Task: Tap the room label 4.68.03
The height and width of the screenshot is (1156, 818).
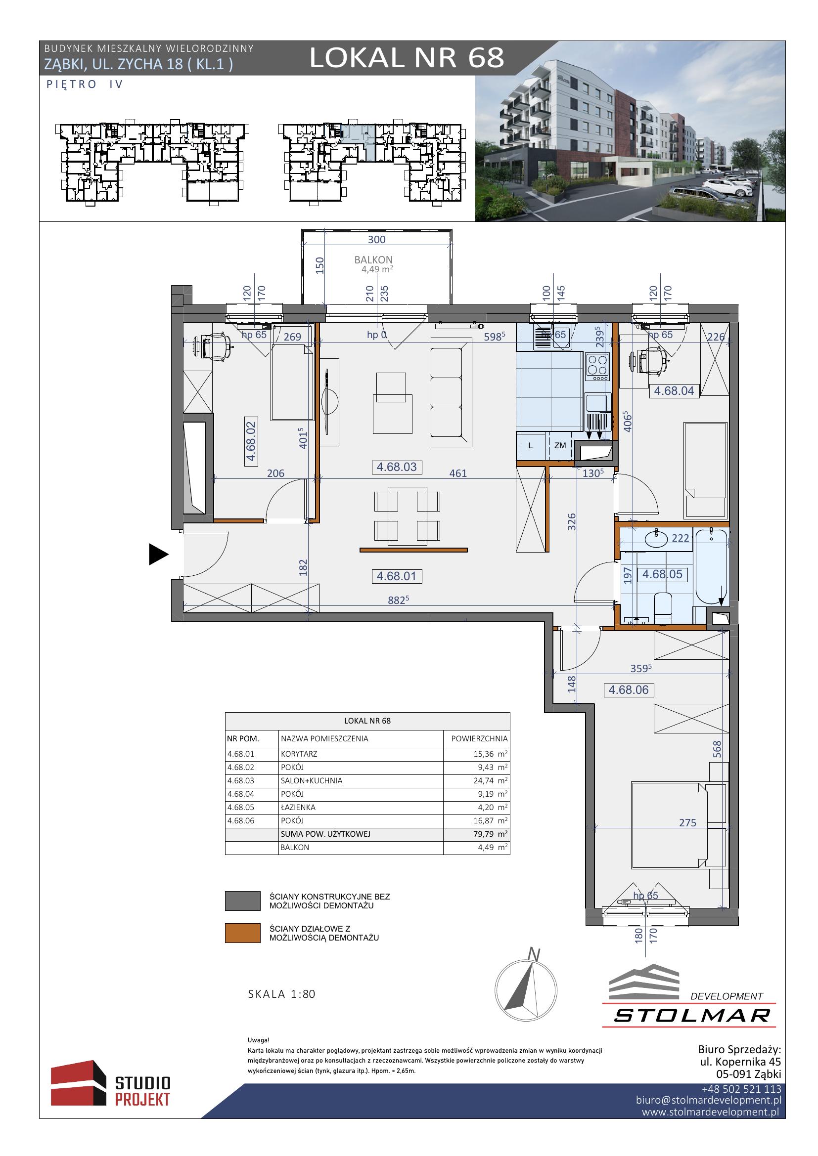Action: tap(397, 467)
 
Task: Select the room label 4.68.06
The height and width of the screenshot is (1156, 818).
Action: tap(629, 690)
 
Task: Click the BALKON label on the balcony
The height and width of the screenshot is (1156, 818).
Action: tap(373, 260)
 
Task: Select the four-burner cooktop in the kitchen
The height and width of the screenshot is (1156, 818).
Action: tap(598, 366)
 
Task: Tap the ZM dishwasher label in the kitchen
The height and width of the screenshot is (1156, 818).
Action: tap(560, 446)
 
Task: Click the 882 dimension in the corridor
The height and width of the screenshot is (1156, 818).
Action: tap(398, 599)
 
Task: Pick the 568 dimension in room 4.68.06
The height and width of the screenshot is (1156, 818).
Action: tap(717, 749)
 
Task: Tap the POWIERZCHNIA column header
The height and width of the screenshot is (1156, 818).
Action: tap(479, 738)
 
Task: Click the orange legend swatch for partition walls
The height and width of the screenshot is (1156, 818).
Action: tap(242, 933)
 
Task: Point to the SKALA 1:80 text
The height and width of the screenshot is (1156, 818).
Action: tap(281, 994)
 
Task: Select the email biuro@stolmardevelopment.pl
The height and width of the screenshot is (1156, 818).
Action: tap(708, 1100)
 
